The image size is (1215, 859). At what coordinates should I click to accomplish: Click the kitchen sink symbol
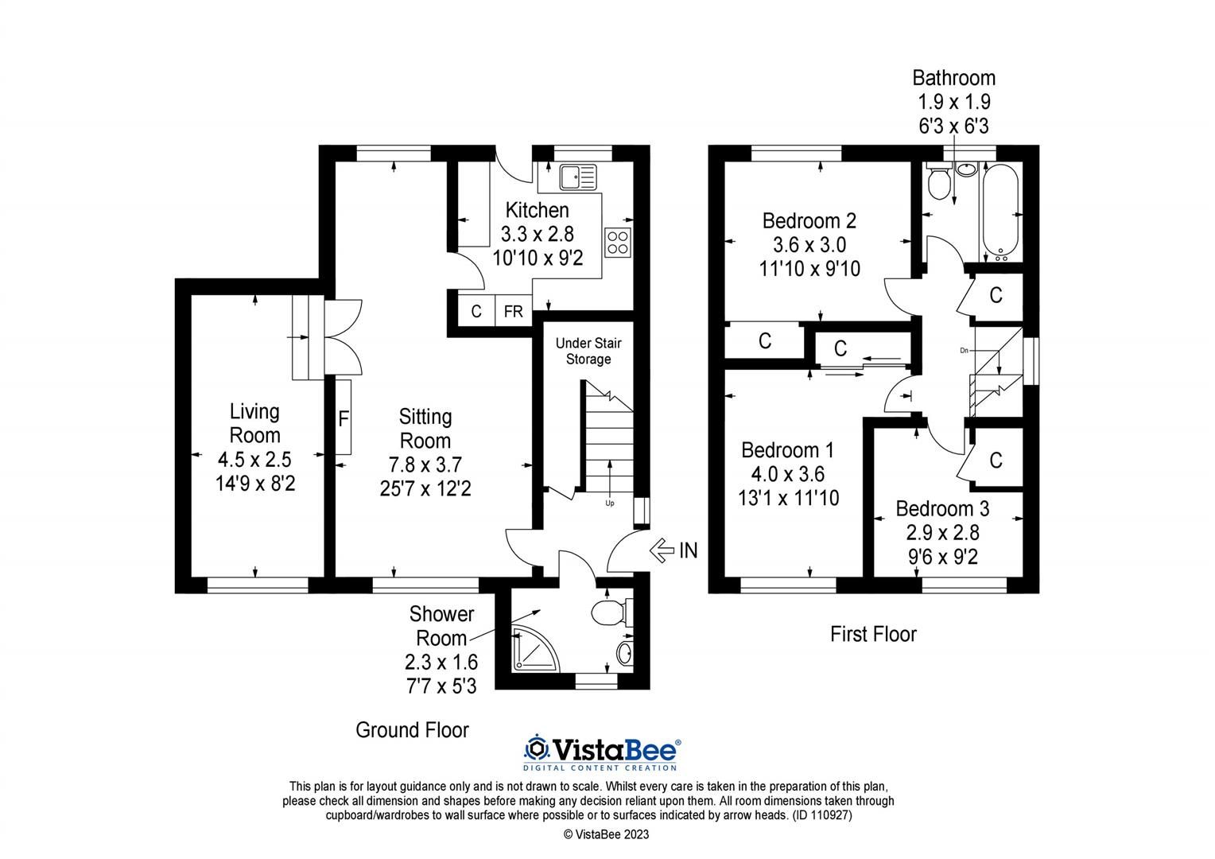577,177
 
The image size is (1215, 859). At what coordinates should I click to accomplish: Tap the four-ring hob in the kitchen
618,242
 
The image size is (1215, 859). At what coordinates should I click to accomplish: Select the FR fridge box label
514,312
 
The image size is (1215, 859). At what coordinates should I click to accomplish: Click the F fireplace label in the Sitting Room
344,418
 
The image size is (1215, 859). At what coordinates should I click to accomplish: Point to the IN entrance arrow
674,550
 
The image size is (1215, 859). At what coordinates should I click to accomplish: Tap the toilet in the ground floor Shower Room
611,612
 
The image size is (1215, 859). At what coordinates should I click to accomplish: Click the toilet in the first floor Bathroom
939,181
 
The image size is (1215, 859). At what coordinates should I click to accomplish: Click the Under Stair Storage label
588,351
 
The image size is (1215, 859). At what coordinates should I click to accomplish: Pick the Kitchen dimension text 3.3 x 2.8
537,235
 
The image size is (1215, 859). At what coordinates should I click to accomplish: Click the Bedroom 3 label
942,509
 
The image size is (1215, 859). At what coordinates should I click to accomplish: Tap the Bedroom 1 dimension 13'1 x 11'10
787,499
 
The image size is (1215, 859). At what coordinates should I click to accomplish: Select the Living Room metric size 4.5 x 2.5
254,460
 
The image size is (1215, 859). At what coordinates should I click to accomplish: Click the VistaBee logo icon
538,748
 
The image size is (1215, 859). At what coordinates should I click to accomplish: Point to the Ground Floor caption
412,730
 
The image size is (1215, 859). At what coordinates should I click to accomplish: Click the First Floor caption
873,634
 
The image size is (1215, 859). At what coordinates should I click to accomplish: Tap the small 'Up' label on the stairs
610,503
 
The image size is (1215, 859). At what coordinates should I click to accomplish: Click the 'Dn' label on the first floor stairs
965,350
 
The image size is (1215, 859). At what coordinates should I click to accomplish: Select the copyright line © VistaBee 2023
607,834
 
